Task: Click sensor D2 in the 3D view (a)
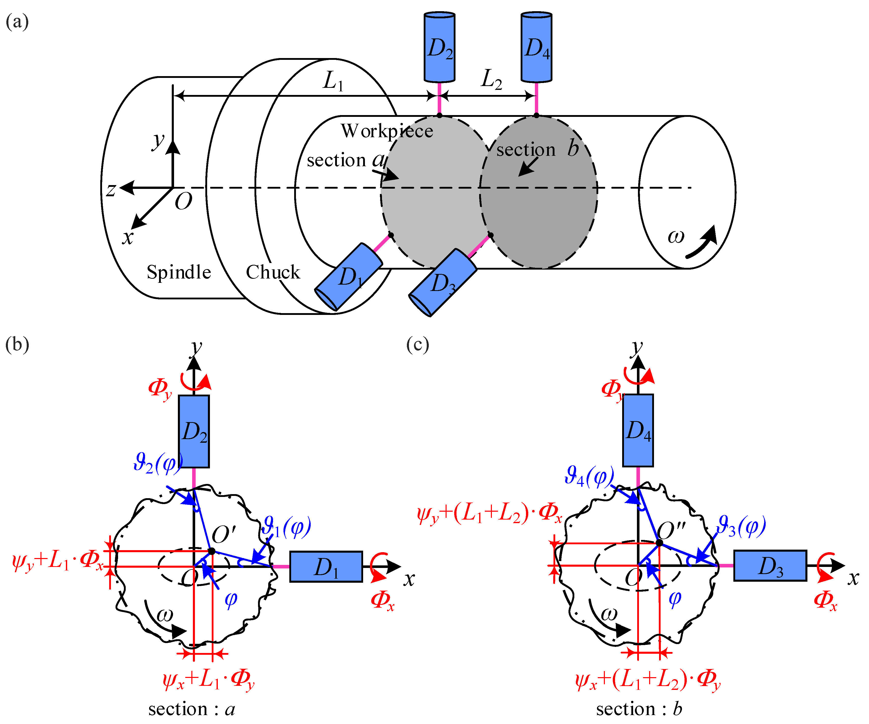click(439, 48)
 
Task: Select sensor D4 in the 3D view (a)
click(536, 48)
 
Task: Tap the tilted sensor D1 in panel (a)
click(348, 276)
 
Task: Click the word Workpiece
click(387, 131)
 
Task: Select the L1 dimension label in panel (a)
click(333, 81)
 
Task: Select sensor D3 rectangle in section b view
click(770, 565)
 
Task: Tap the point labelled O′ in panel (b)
click(211, 551)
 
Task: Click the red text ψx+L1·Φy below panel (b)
click(208, 680)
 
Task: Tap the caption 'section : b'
click(638, 709)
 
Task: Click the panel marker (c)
click(418, 344)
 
